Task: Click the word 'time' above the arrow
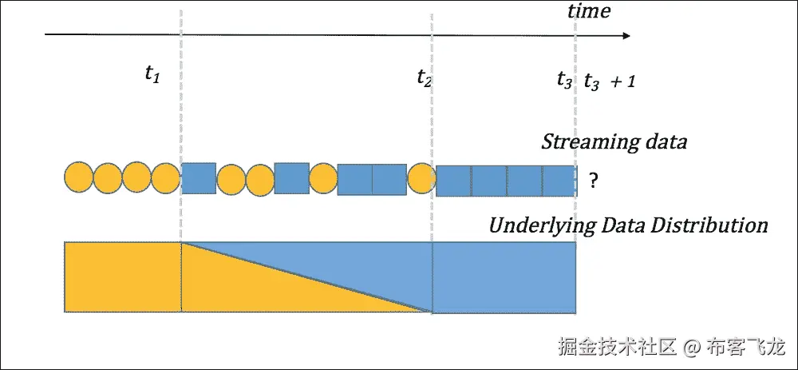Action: click(x=589, y=11)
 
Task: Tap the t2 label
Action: click(x=425, y=78)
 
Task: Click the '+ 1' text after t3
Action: click(x=622, y=81)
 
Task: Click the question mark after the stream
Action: click(x=593, y=181)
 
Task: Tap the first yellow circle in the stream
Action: click(x=79, y=178)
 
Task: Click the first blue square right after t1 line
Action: click(x=199, y=178)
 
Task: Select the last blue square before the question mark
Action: click(x=559, y=181)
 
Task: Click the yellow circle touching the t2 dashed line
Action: click(x=421, y=178)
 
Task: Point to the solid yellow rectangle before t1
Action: click(x=123, y=276)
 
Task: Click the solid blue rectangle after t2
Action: click(x=504, y=277)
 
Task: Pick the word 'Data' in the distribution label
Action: click(x=628, y=225)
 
